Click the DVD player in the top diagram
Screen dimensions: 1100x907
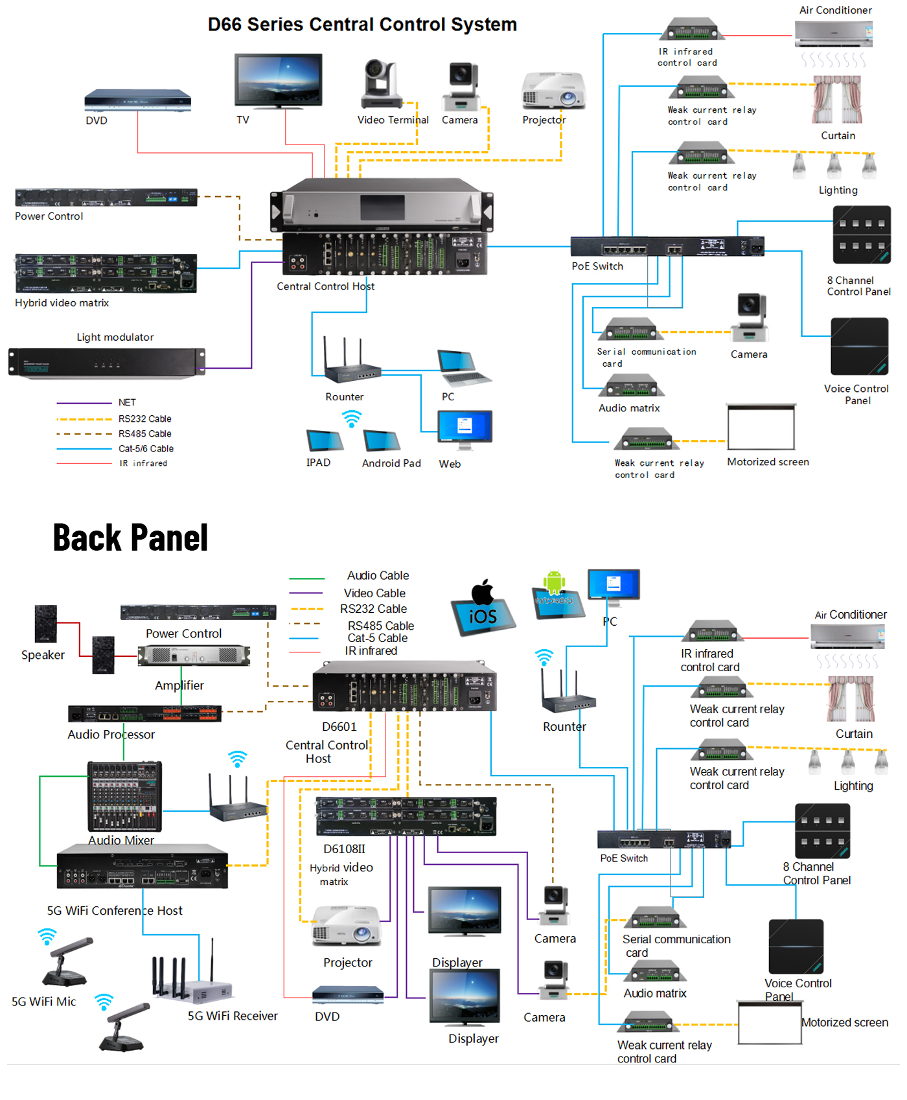tap(137, 100)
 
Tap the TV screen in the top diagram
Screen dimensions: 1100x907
tap(279, 79)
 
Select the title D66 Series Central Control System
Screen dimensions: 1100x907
tap(362, 25)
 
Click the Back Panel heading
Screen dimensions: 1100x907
tap(130, 538)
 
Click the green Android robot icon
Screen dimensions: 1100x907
tap(554, 582)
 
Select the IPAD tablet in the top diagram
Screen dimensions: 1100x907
tap(324, 441)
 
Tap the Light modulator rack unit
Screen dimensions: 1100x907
tap(107, 362)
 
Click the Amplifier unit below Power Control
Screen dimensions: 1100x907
tap(194, 656)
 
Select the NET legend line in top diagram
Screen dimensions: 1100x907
tap(84, 403)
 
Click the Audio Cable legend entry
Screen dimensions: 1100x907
tap(378, 575)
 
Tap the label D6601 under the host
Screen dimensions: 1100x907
tap(339, 727)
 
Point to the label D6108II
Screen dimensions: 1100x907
tap(344, 849)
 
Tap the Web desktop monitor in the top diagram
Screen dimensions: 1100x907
tap(465, 428)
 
